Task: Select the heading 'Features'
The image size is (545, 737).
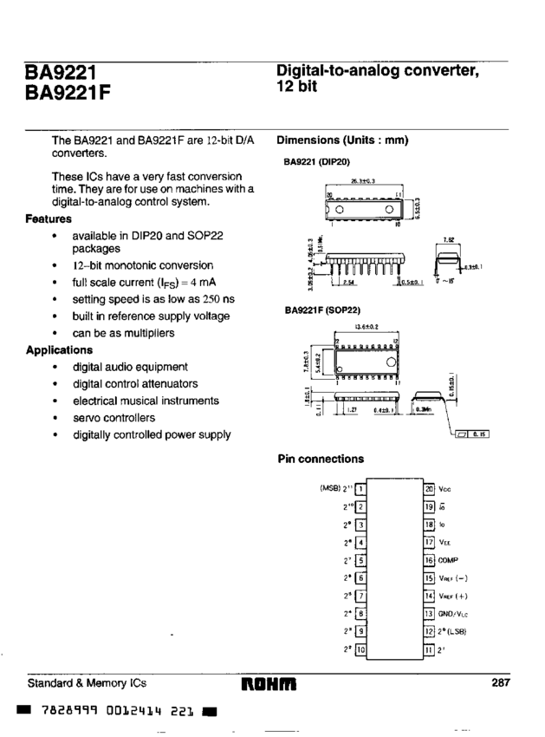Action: point(50,219)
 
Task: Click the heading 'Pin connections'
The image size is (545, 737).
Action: point(321,459)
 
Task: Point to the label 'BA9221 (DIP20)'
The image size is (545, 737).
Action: point(317,161)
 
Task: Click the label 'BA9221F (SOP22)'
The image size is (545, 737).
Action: point(322,308)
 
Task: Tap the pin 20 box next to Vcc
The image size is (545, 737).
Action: point(428,488)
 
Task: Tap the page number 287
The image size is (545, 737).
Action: point(500,683)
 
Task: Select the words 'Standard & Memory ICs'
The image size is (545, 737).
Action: point(85,683)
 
